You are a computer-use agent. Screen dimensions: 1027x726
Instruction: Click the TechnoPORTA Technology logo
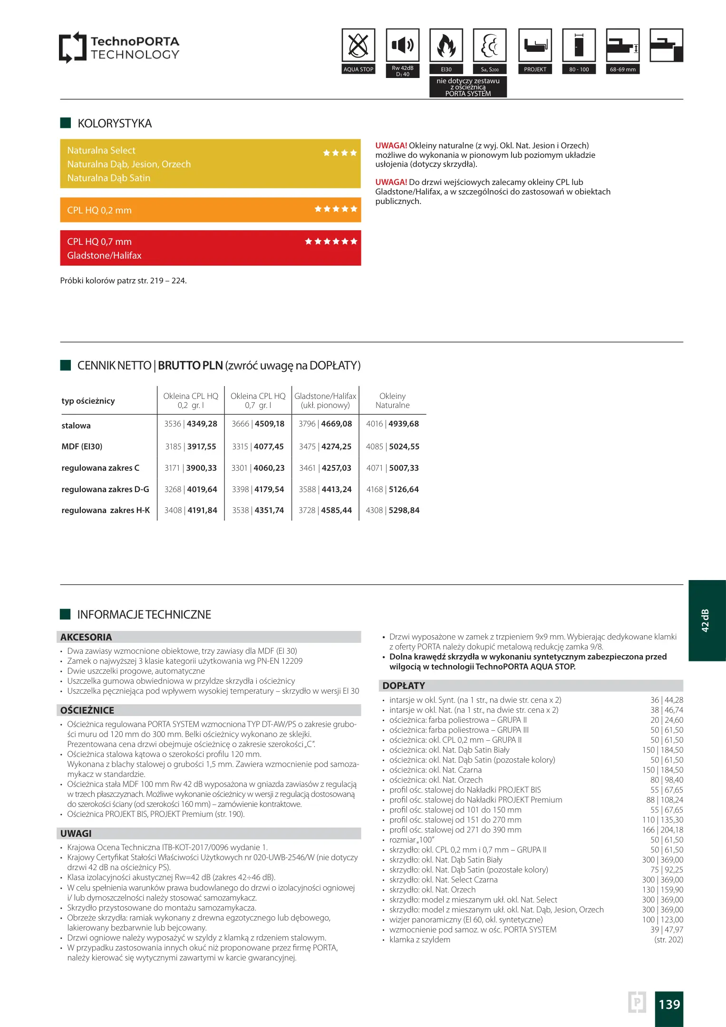119,48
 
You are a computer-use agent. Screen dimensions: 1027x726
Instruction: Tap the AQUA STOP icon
358,46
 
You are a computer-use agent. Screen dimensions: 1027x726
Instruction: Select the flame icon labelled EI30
446,46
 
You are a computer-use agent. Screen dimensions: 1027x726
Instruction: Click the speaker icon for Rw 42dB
402,46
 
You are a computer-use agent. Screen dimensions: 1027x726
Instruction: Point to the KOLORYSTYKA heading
115,124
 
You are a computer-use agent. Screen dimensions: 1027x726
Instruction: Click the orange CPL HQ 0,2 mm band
210,210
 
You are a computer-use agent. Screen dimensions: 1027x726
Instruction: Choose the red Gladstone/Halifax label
104,255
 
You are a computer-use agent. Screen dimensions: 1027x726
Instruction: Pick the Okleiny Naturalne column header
392,400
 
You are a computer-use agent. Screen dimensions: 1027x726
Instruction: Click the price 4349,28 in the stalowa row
202,424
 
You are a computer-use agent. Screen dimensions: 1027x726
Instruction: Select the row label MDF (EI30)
82,446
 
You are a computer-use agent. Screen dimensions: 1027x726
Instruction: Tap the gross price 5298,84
404,510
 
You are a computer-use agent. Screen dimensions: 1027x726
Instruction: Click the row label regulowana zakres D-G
105,489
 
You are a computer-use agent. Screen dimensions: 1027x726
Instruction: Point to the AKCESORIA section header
86,637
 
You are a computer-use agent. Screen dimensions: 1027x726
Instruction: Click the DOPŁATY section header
404,686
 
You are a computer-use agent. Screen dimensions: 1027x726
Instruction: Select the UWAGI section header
76,833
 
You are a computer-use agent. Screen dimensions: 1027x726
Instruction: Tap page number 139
669,1004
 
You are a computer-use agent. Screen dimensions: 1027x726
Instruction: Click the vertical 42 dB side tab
706,620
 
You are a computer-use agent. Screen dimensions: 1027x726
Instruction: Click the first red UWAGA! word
391,145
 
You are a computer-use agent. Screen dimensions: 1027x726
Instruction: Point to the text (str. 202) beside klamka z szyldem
668,940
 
